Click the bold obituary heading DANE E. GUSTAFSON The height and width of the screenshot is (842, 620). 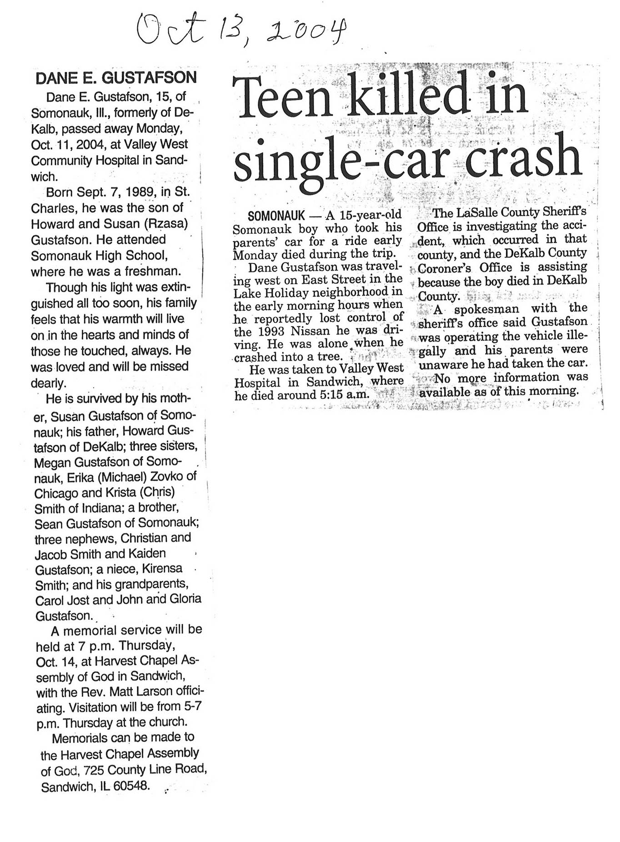tap(116, 78)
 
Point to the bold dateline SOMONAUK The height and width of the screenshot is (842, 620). tap(276, 215)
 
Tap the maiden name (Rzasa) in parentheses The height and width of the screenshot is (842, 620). tap(166, 224)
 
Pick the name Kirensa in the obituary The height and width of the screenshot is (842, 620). tap(162, 569)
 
